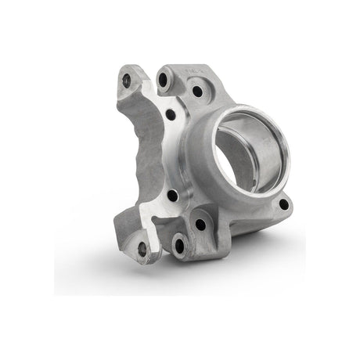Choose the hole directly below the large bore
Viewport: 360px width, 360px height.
[x=201, y=224]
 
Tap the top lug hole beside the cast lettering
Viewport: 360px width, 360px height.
[x=164, y=79]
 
